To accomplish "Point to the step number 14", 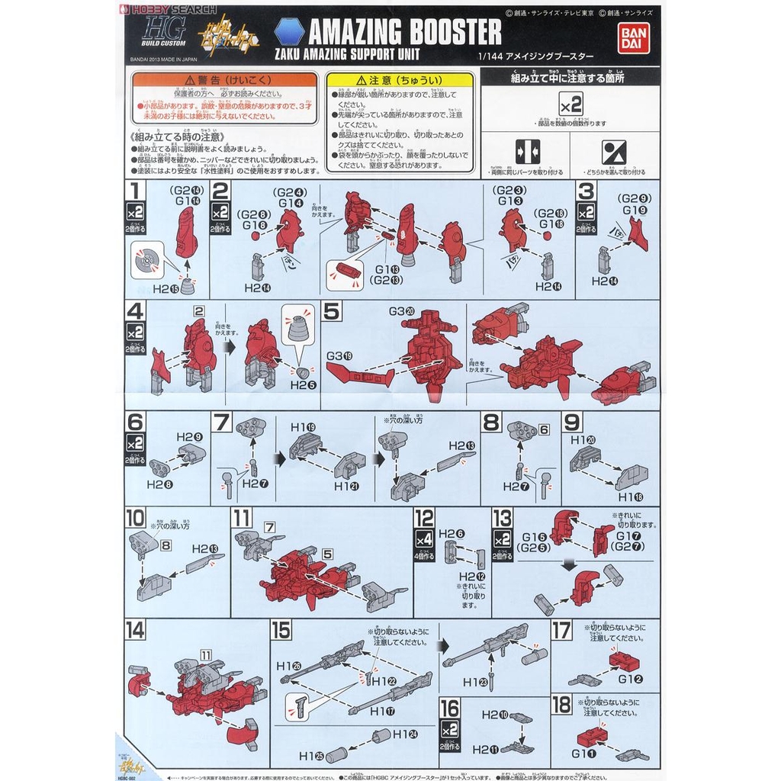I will tap(136, 630).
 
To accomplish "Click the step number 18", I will tap(561, 703).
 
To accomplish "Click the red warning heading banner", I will tap(224, 79).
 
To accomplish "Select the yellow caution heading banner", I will tap(399, 79).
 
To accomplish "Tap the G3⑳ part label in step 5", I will tap(401, 311).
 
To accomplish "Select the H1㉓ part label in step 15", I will tap(474, 683).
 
